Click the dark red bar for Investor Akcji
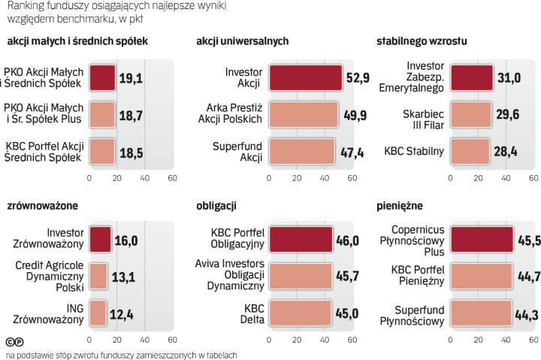pos(305,77)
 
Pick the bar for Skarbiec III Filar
pos(470,114)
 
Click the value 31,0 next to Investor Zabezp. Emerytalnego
pos(508,77)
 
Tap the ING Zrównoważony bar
pos(98,312)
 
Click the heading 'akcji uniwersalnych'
pos(242,41)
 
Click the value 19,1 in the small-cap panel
pos(131,77)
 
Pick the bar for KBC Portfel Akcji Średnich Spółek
pos(102,151)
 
